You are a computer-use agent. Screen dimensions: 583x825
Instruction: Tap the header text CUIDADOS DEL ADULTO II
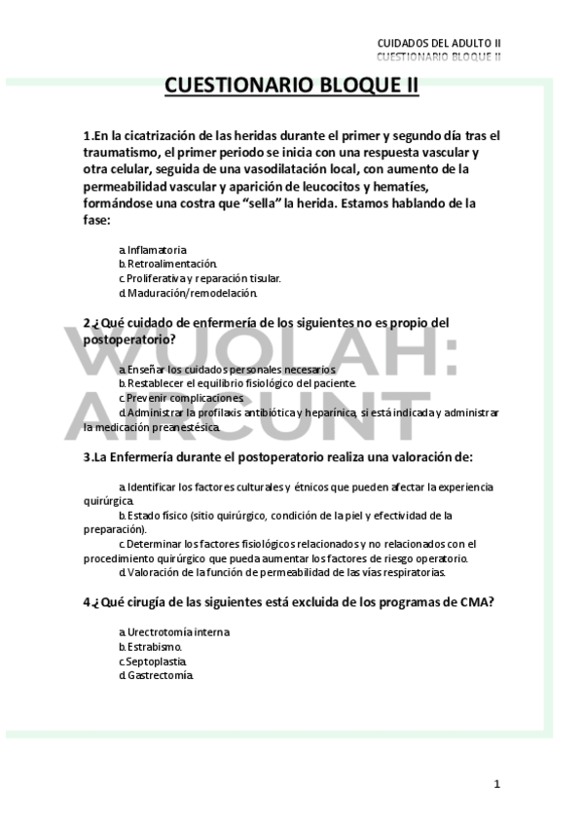pos(439,44)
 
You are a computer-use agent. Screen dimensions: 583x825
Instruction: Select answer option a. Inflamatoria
pos(153,250)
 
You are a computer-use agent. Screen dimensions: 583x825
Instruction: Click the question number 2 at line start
pos(87,322)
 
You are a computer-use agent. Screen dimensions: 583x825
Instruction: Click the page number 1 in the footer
pos(496,783)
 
